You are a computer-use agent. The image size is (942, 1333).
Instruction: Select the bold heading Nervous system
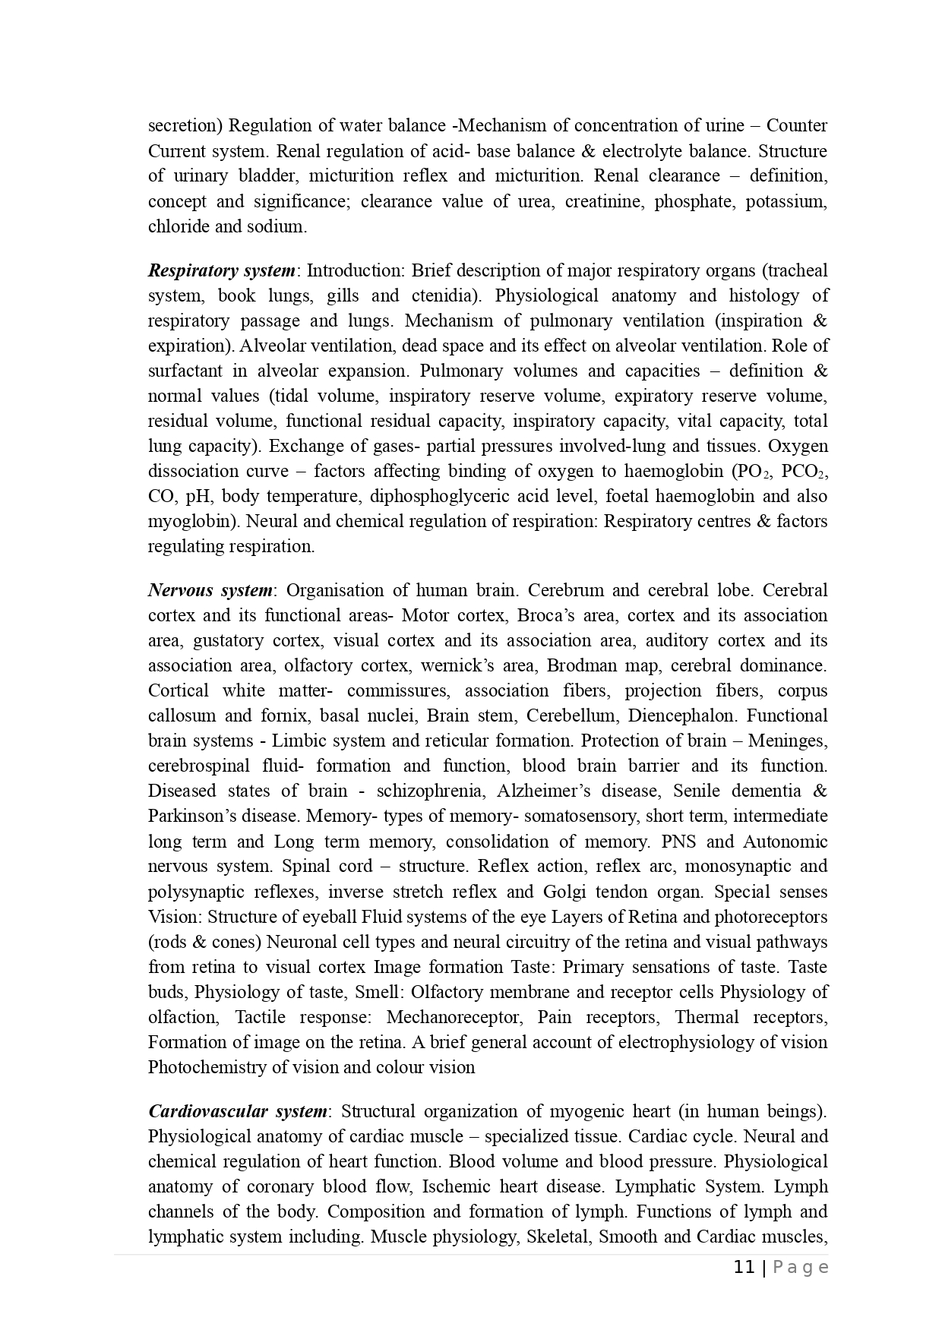tap(210, 590)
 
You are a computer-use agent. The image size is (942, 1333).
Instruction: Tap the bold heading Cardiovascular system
tap(238, 1111)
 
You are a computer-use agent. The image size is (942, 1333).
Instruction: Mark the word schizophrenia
tap(429, 791)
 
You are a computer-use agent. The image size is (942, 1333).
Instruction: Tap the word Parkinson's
tap(191, 816)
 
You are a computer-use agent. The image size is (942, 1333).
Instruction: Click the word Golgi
tap(564, 891)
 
